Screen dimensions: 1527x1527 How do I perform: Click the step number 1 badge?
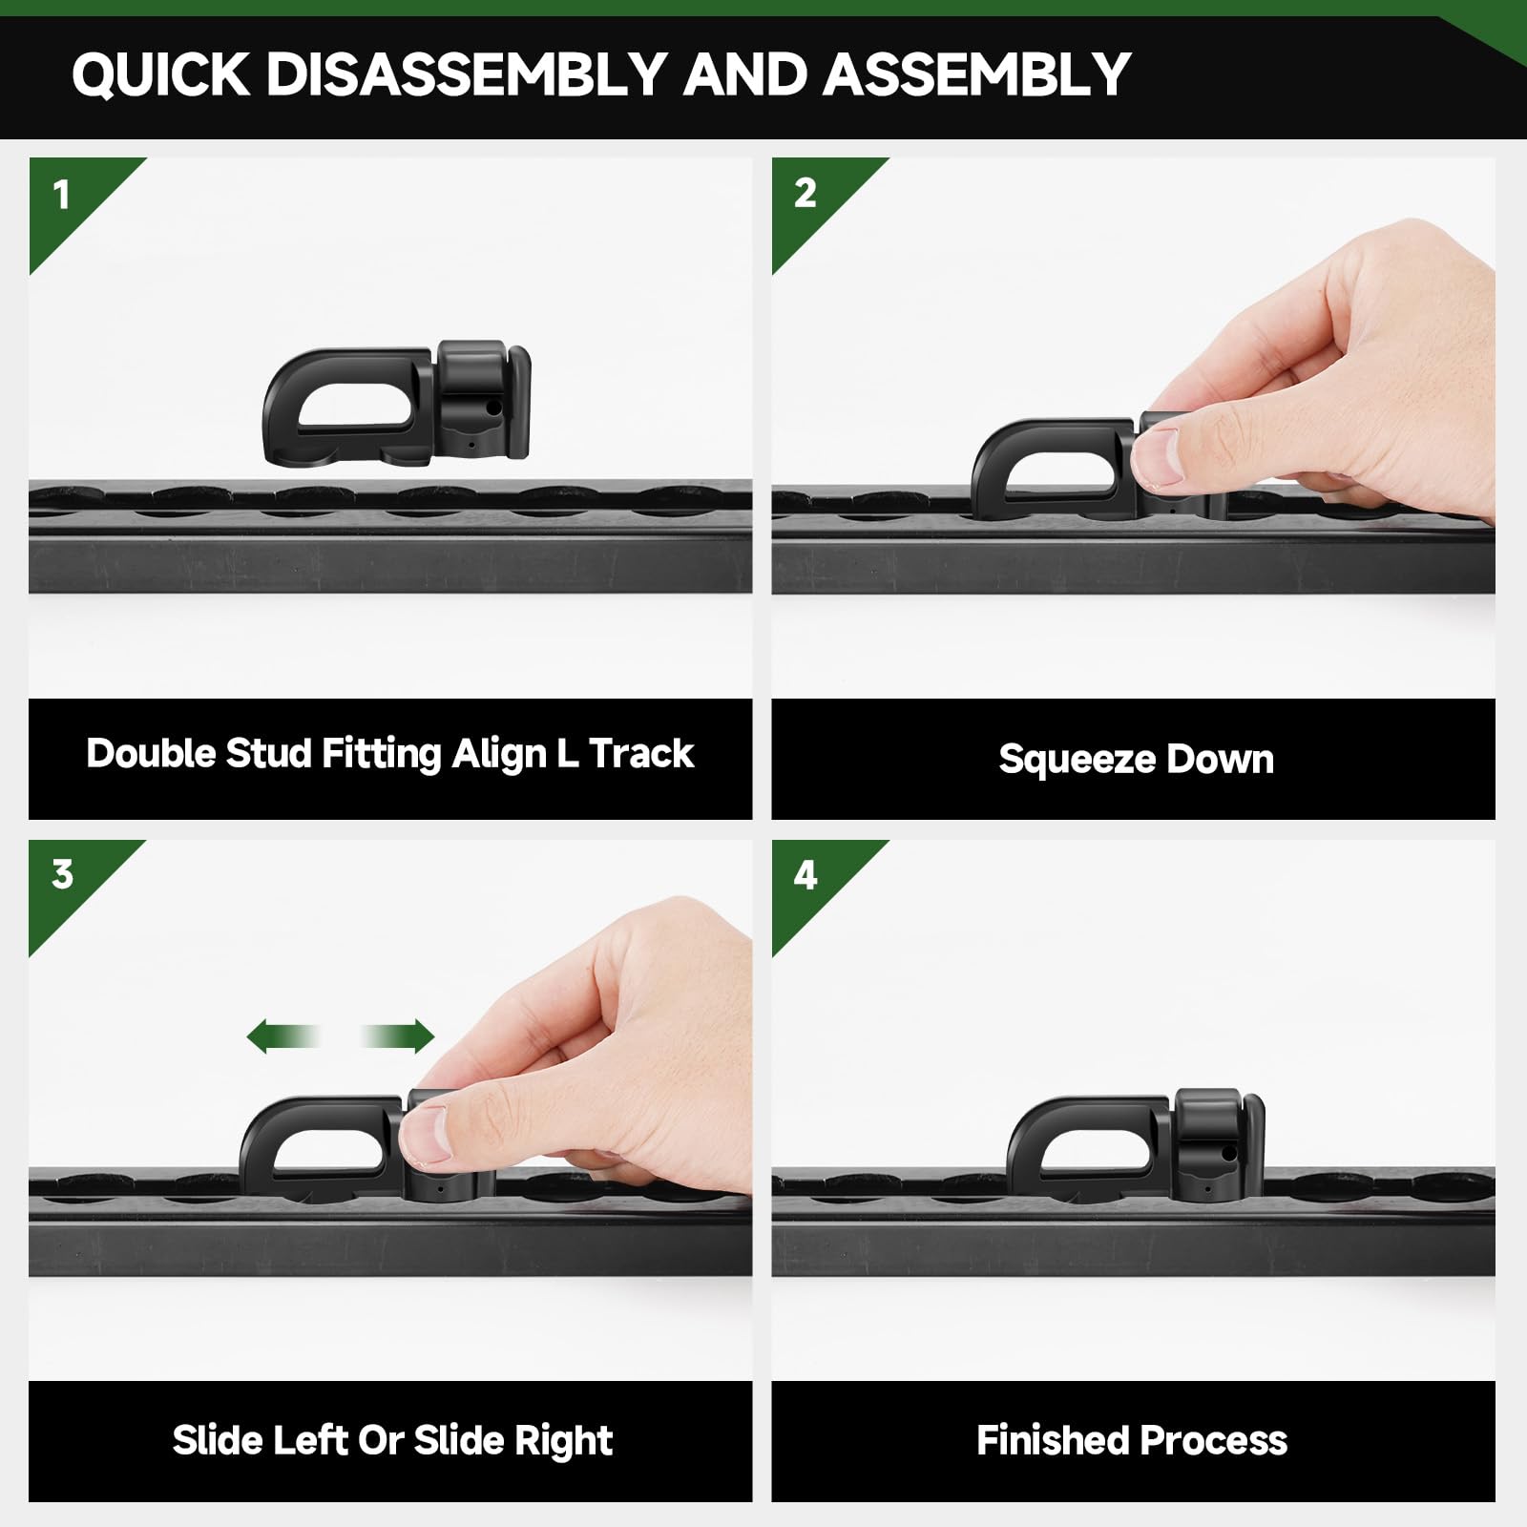tap(62, 196)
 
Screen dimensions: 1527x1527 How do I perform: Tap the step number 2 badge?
tap(805, 194)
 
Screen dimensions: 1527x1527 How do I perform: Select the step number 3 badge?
tap(62, 874)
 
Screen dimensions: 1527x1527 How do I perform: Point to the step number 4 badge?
tap(805, 875)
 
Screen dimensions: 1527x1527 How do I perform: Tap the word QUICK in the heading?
tap(160, 73)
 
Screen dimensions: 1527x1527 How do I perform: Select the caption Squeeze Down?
tap(1136, 760)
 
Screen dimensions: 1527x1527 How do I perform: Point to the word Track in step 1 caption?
tap(641, 754)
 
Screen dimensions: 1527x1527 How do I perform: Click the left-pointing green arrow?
tap(282, 1036)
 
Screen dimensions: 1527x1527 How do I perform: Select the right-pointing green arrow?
tap(399, 1036)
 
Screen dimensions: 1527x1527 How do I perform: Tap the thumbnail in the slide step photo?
tap(426, 1133)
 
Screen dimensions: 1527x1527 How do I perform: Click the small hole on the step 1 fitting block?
tap(492, 408)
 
